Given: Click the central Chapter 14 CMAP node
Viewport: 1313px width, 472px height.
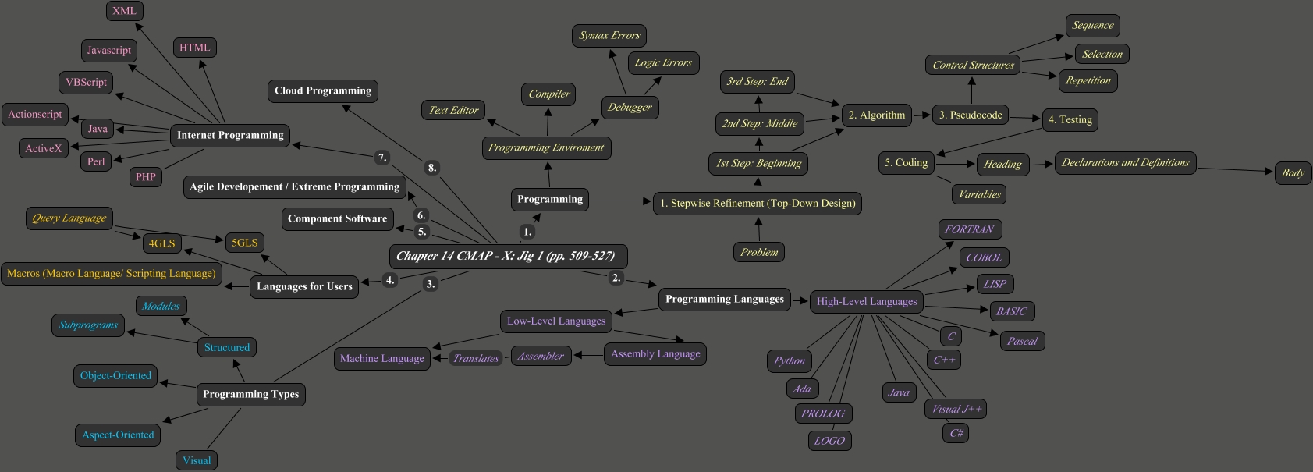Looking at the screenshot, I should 507,256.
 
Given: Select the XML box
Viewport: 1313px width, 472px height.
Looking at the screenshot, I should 125,11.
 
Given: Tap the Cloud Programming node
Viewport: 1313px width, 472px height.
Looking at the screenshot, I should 323,90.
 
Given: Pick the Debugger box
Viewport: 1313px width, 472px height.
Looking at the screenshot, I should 630,108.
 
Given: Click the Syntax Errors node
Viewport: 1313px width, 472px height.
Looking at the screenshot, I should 609,36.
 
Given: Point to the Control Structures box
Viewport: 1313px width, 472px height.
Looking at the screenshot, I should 973,66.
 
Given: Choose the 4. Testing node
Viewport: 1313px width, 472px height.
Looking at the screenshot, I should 1070,120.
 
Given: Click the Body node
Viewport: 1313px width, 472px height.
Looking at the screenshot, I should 1293,173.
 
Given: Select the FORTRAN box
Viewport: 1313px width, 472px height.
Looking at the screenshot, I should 970,229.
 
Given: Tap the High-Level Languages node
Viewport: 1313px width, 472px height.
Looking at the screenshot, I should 867,302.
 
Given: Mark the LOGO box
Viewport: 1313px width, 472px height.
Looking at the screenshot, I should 829,441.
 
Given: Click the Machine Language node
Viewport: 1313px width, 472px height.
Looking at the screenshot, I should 382,359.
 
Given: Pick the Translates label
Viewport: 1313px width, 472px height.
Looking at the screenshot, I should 476,359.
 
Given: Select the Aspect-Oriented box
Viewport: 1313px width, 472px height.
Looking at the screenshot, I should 119,435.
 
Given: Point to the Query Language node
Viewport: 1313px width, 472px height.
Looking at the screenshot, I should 69,218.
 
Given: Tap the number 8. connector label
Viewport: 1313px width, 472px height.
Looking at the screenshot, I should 432,168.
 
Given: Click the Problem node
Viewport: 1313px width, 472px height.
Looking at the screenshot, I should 759,253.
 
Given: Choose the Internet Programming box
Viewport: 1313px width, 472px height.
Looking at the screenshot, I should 230,136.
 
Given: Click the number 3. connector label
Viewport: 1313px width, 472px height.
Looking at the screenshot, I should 430,284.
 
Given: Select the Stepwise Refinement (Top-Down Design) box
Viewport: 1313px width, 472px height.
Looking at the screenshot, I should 758,204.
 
